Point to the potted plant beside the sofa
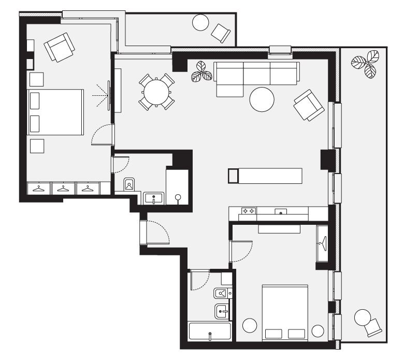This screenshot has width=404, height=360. tap(201, 73)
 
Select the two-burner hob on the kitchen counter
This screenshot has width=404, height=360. tap(249, 211)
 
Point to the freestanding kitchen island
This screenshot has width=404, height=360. tap(265, 176)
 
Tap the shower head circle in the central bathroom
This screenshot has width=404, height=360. tap(179, 197)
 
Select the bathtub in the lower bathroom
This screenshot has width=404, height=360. tap(210, 331)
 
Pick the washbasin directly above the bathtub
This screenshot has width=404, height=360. tap(222, 311)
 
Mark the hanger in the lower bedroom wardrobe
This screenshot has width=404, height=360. tap(323, 241)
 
